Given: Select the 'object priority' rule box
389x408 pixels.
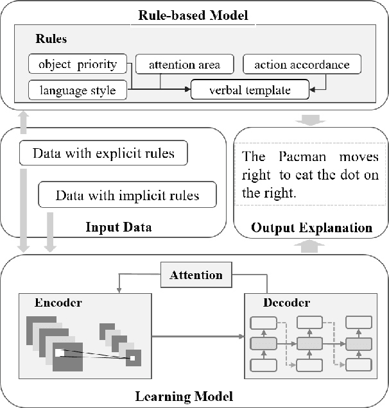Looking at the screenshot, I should click(78, 65).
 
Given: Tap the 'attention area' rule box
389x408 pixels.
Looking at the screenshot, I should click(184, 65).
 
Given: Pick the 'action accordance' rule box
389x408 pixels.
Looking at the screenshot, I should click(302, 65).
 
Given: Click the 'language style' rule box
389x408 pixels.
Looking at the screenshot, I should click(77, 90).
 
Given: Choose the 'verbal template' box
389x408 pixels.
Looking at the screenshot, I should click(250, 90).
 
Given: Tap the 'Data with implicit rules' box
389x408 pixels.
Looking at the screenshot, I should click(127, 195).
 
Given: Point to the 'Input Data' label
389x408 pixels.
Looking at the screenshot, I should click(113, 226).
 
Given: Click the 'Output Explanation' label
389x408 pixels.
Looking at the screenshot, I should click(311, 227).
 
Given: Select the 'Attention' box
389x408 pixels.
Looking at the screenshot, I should click(196, 275).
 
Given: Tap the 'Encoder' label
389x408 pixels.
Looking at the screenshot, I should click(58, 302).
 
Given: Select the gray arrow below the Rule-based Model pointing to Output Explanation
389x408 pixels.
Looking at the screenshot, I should click(310, 119).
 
